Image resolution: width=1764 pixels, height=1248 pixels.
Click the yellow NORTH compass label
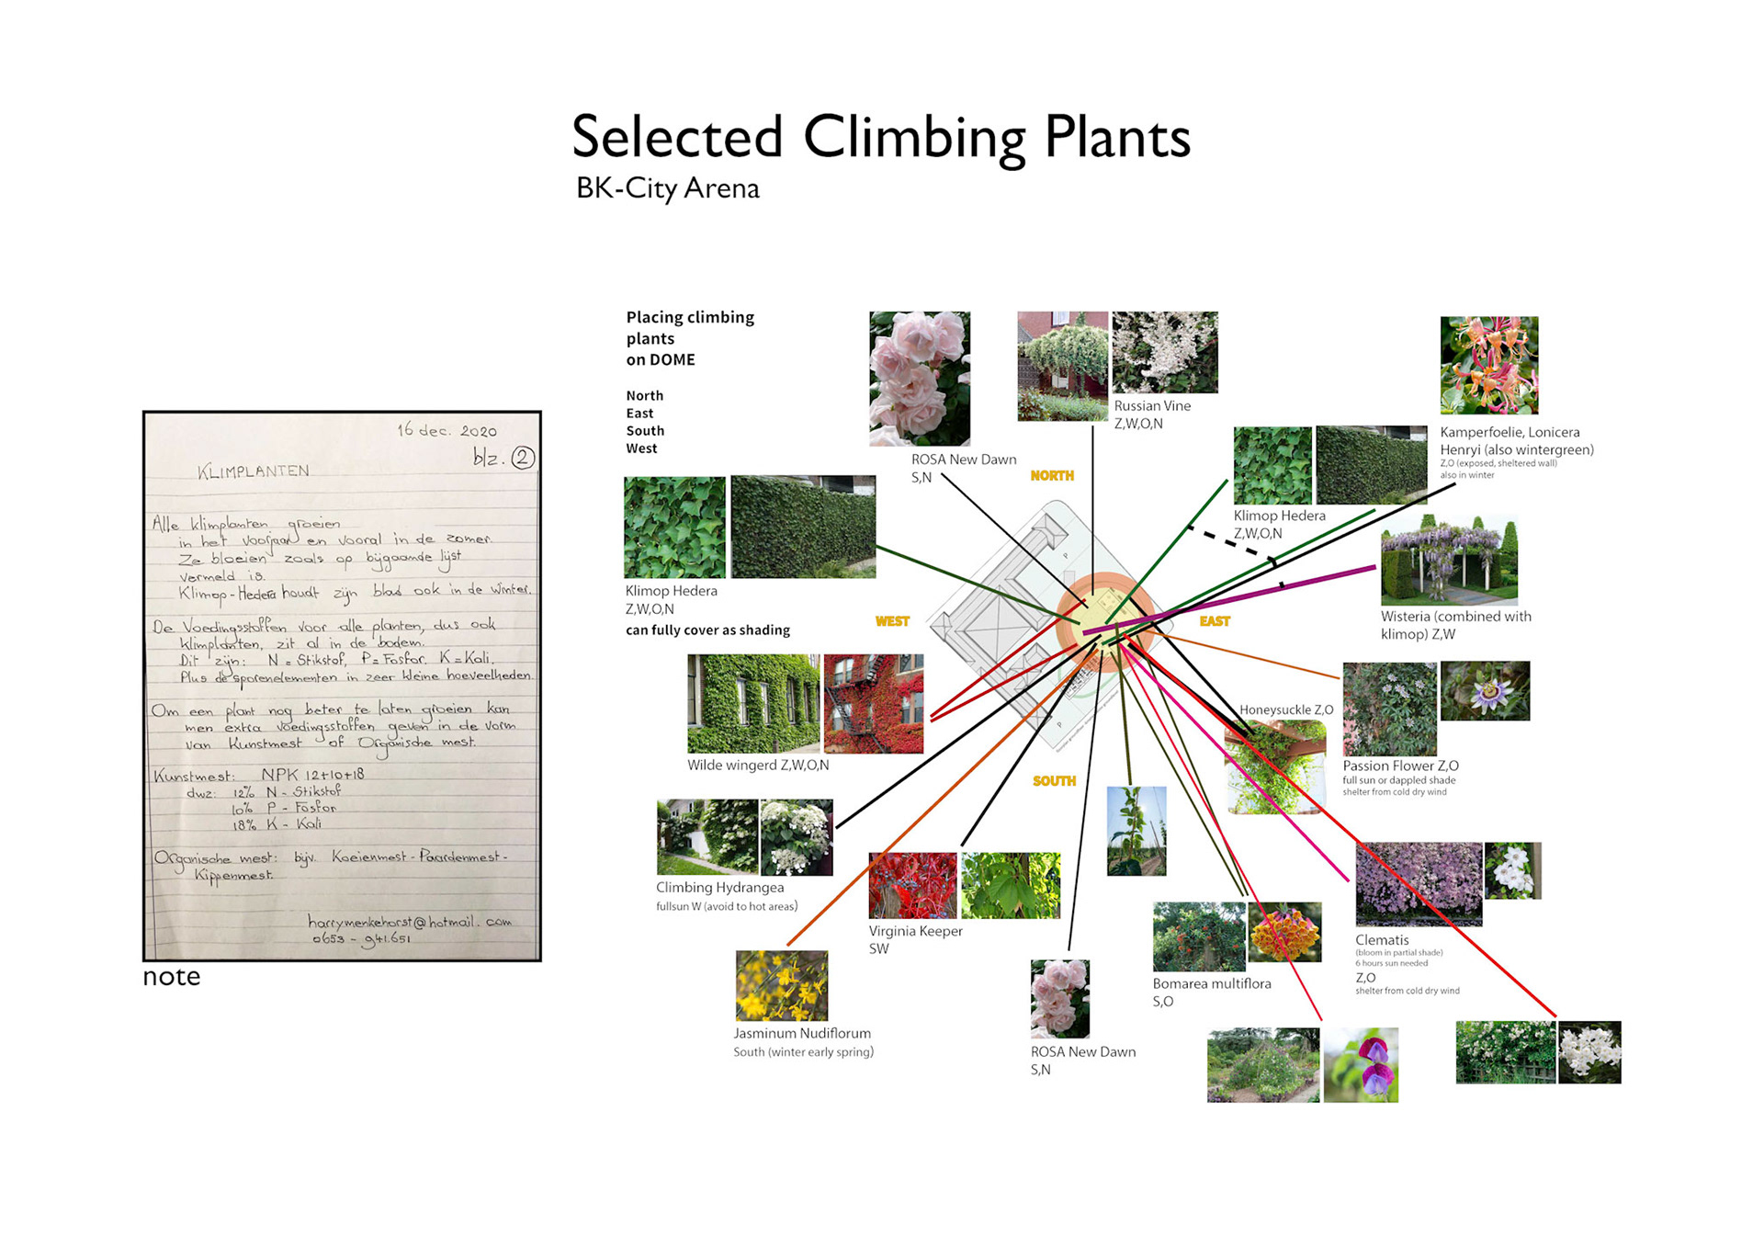tap(1051, 476)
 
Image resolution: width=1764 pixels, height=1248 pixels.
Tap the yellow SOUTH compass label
tap(1054, 781)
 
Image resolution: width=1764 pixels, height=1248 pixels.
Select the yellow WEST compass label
tap(892, 622)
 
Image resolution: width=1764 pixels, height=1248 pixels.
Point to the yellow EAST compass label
tap(1214, 622)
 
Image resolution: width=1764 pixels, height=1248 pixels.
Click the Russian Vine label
tap(1152, 406)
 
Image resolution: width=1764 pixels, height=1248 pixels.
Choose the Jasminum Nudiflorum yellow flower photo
tap(781, 986)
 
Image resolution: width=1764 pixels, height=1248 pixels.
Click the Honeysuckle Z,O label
tap(1285, 710)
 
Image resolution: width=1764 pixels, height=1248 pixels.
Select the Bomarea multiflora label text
tap(1212, 984)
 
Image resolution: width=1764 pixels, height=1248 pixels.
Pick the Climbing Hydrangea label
tap(719, 888)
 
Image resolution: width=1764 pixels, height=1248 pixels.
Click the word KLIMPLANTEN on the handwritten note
tap(254, 471)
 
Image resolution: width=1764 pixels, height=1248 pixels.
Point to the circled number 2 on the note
tap(523, 458)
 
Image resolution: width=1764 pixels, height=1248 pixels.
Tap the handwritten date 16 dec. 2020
tap(447, 430)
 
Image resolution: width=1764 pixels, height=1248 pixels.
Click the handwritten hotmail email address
tap(409, 922)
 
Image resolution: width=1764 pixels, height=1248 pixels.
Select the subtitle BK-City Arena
tap(667, 188)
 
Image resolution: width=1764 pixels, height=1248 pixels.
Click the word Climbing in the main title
tap(914, 138)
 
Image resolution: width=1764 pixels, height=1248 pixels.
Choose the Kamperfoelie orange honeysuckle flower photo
tap(1488, 365)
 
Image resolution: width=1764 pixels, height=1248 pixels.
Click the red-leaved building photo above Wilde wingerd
tap(873, 704)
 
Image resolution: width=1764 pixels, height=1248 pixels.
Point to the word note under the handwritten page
tap(171, 977)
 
